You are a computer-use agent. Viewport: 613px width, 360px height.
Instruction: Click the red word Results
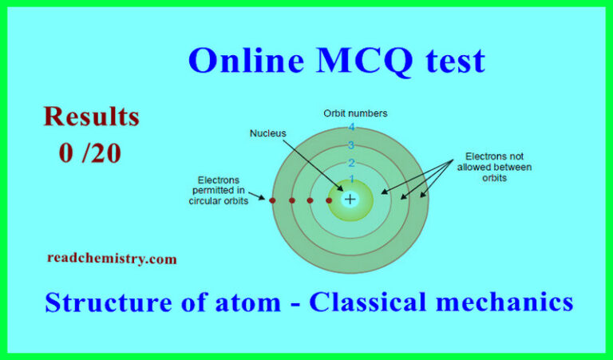pos(91,117)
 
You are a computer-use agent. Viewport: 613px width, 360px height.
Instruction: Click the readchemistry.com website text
pos(112,259)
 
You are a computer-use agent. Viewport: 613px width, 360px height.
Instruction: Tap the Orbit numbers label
pos(355,113)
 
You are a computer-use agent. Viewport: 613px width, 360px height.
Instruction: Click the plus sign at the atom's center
pos(350,200)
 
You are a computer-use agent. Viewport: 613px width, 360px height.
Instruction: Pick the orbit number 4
pos(350,129)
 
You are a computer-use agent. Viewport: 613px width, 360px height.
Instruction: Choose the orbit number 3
pos(350,145)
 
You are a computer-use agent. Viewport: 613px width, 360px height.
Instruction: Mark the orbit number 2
pos(350,163)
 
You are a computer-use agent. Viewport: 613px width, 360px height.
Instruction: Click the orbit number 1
pos(350,180)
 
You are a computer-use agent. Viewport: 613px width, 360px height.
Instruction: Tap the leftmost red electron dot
pos(272,200)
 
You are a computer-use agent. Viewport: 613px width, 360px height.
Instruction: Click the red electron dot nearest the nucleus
pos(329,200)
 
